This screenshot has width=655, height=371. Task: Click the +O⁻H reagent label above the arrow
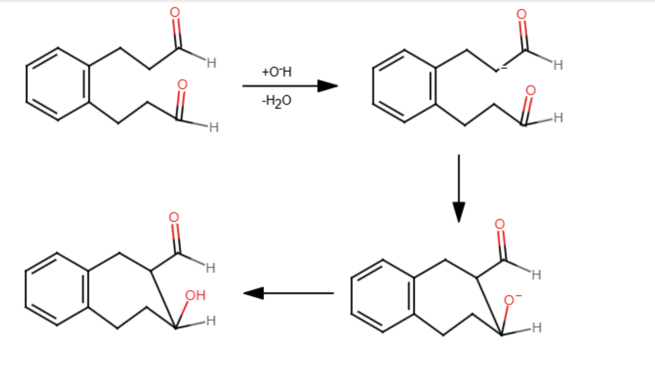tap(276, 72)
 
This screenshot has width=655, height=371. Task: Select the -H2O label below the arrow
tap(276, 101)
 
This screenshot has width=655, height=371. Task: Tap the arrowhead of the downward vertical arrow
tap(459, 212)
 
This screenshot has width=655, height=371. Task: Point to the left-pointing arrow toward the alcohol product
tap(288, 294)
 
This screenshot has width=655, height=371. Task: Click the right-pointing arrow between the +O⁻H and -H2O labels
tap(290, 86)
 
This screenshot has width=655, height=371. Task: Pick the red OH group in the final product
tap(195, 295)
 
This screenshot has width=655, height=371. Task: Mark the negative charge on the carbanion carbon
tap(504, 67)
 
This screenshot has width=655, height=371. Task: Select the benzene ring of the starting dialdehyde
tap(58, 84)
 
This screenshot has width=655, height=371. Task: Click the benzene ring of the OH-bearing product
tap(57, 289)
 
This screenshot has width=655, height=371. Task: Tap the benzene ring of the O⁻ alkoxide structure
tap(382, 296)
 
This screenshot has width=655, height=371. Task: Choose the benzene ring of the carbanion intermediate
tap(404, 86)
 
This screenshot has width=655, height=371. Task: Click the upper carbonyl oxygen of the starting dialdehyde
tap(175, 12)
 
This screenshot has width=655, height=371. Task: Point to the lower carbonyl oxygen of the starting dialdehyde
tap(182, 85)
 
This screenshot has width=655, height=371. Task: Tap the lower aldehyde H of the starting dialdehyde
tap(214, 128)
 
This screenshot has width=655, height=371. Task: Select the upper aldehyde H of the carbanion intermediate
tap(558, 65)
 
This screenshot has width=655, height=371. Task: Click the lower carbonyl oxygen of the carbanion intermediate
tap(531, 90)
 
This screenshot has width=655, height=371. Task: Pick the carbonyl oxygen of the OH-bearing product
tap(174, 217)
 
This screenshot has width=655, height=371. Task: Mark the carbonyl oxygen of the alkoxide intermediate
tap(500, 225)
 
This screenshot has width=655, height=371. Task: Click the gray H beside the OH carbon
tap(211, 321)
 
